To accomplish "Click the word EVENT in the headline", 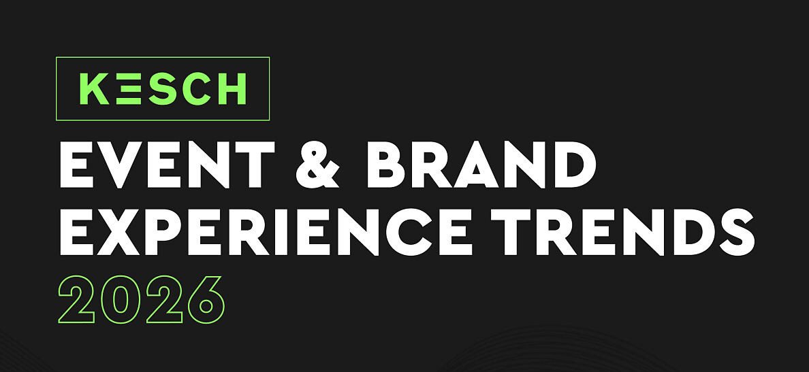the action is coord(167,163).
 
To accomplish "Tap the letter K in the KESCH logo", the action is coord(95,88).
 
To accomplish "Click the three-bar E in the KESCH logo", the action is coord(129,88).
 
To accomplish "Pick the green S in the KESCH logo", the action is coord(161,88).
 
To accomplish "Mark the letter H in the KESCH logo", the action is coord(232,88).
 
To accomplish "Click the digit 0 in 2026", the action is coord(121,300).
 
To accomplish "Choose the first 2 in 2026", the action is coord(77,300).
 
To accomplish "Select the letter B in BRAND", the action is coord(387,164).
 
